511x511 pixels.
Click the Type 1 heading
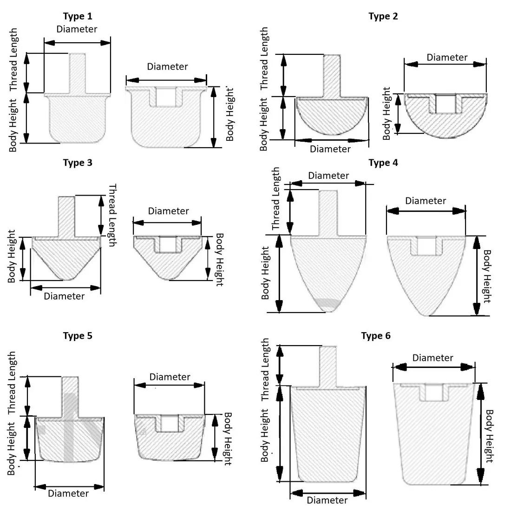point(78,16)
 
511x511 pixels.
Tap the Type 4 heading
point(383,163)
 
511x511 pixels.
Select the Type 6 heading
point(376,336)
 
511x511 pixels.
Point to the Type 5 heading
point(78,336)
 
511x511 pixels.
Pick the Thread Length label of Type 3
point(112,215)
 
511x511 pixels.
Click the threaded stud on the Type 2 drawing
point(332,74)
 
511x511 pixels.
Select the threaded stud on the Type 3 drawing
point(66,216)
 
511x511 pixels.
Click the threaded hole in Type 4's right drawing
point(426,246)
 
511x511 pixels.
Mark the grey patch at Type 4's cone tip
point(328,304)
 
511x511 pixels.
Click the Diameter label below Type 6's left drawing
point(327,500)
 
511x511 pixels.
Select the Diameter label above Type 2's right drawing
point(447,57)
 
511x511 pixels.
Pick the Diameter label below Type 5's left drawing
point(68,493)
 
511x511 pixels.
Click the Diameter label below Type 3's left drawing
point(64,296)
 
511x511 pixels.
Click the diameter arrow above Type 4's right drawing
point(426,210)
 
